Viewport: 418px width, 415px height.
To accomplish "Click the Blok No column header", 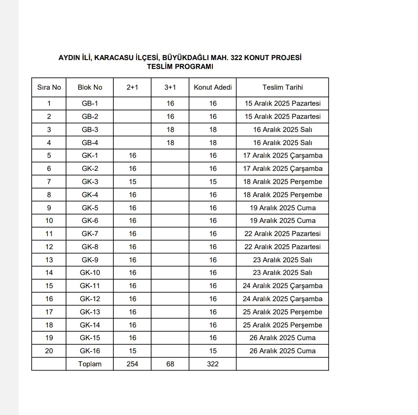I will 90,88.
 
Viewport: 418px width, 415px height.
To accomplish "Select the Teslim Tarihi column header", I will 283,88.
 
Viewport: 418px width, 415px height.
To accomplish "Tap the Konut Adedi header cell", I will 213,88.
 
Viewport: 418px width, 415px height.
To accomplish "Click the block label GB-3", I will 90,130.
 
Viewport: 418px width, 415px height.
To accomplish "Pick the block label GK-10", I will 90,273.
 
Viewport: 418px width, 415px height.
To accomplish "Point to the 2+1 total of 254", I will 132,364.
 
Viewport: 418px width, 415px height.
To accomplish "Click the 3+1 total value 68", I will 170,364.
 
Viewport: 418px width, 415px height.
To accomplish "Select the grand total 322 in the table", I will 213,364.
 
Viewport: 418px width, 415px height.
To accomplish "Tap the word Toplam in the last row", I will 90,364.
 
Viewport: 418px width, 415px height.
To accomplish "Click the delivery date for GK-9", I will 283,260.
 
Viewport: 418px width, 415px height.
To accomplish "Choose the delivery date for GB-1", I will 283,104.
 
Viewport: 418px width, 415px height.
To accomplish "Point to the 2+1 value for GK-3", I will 132,182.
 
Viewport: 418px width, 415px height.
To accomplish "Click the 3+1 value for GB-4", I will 170,143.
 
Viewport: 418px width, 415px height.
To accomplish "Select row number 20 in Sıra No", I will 49,351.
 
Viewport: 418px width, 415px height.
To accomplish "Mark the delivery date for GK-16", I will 283,351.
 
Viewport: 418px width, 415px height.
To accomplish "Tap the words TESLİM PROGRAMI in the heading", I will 180,66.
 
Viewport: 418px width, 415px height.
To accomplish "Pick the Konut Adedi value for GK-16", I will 213,351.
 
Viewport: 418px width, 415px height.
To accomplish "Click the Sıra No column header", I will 49,88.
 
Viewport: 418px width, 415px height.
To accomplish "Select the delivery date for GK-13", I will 283,312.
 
